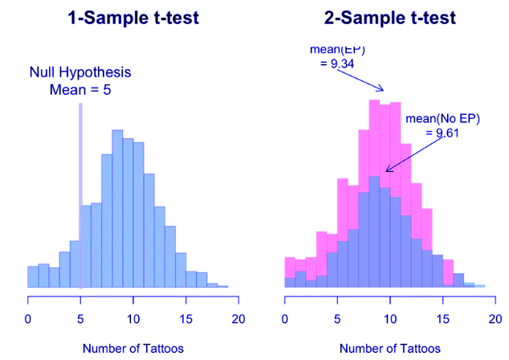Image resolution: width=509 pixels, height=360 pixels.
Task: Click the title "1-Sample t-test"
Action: click(x=132, y=18)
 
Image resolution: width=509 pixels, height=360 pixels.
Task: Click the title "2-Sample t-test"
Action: click(x=388, y=18)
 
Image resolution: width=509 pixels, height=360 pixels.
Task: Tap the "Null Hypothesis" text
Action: click(x=80, y=72)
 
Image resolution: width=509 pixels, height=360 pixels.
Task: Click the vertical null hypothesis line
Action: click(x=80, y=193)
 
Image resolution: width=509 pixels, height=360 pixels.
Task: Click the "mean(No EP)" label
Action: click(x=442, y=119)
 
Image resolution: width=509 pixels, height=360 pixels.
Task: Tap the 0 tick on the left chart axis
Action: click(x=29, y=320)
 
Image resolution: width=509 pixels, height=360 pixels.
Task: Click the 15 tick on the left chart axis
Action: click(x=186, y=320)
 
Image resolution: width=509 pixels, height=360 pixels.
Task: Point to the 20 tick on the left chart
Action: click(x=238, y=320)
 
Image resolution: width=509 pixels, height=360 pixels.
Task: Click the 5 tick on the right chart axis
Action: click(x=338, y=320)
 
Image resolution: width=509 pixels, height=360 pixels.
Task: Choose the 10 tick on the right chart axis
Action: click(x=390, y=320)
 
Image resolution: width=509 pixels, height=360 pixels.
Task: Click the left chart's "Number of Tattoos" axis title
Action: click(x=133, y=349)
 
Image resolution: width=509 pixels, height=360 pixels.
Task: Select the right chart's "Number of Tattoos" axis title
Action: click(x=390, y=349)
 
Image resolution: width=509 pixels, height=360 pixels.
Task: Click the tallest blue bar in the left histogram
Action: click(x=117, y=209)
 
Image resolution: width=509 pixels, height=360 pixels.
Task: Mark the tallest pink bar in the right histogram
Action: click(x=374, y=137)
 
